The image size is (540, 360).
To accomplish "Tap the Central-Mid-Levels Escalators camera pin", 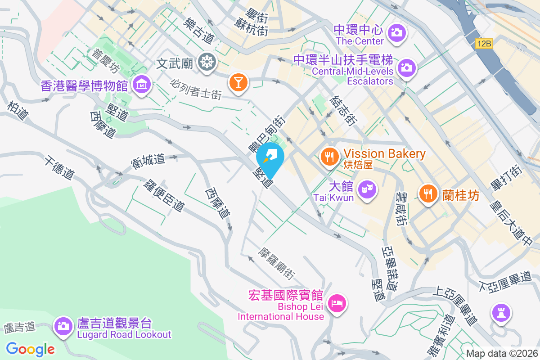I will coord(406,68).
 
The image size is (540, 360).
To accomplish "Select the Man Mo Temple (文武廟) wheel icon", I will coord(207,62).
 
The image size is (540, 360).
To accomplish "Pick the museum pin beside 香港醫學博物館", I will coord(142,84).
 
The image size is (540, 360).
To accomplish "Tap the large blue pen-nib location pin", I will coord(270,158).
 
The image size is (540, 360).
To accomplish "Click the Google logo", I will coord(31,349).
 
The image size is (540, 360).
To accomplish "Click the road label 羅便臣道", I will coord(164,196).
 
